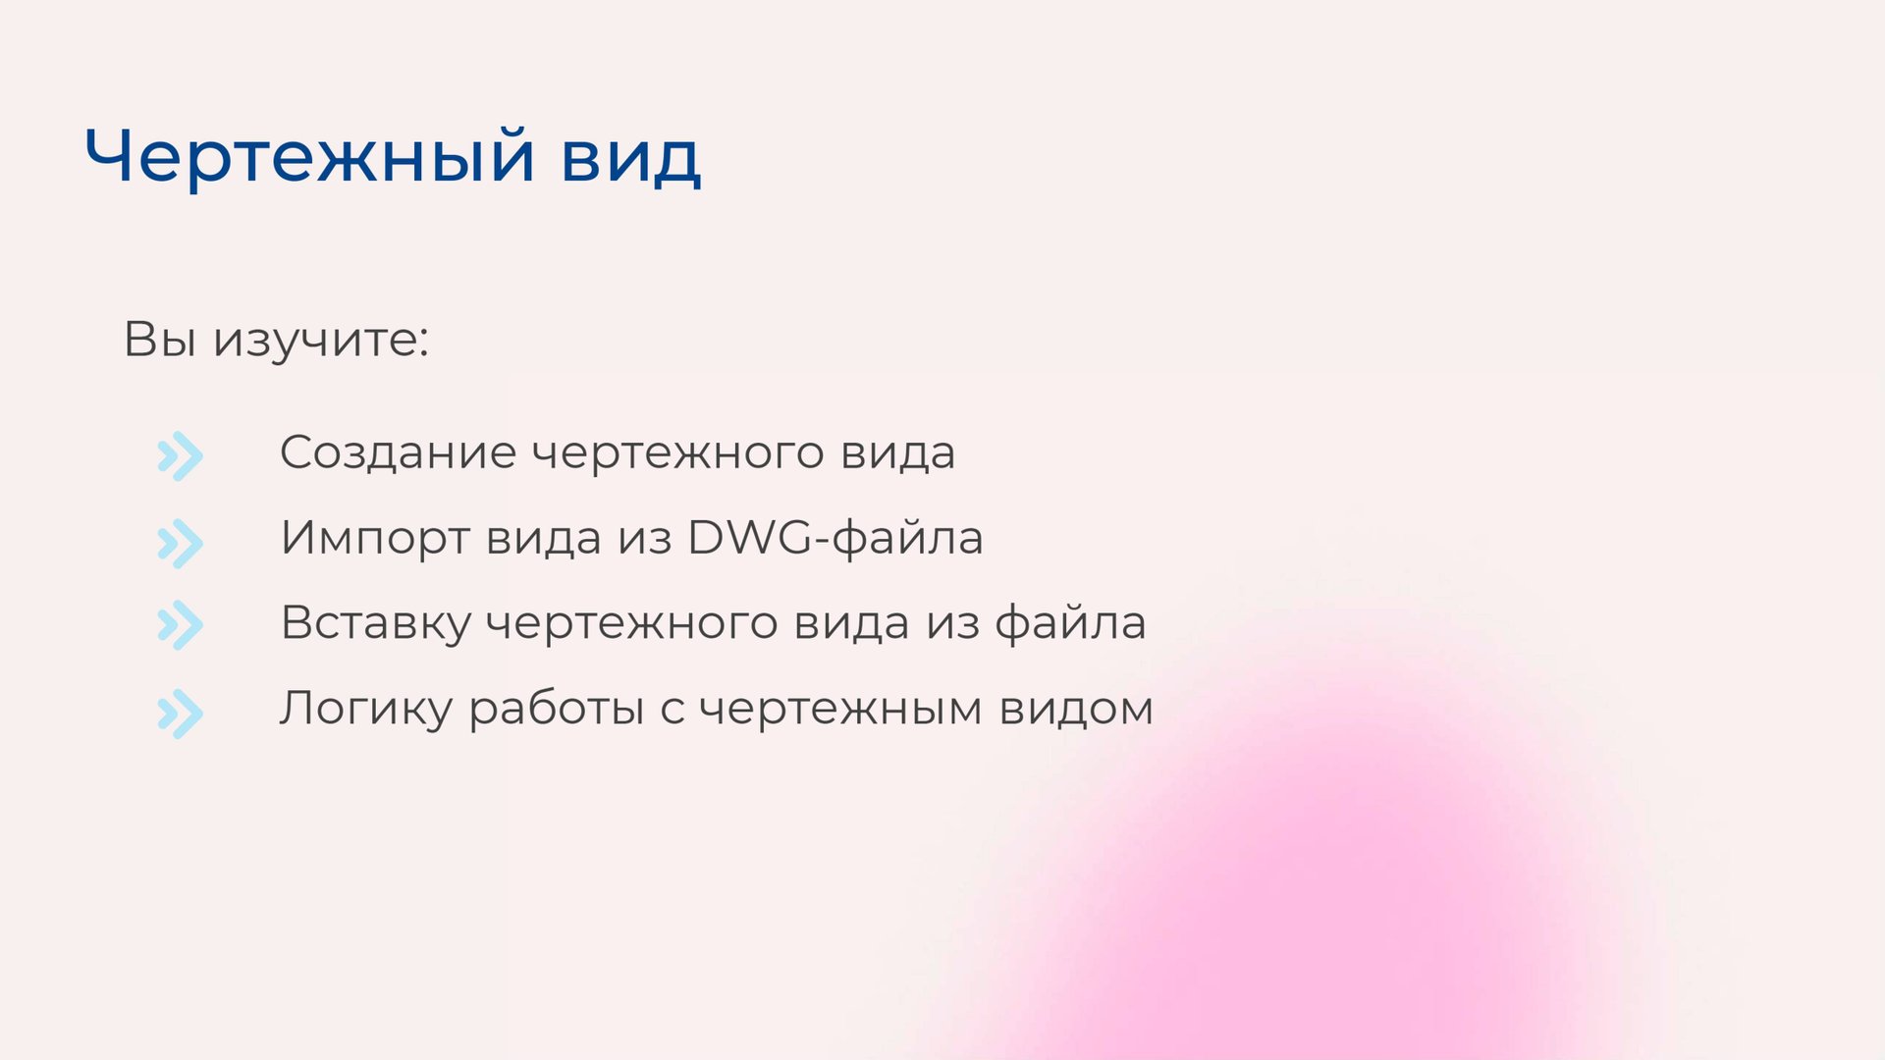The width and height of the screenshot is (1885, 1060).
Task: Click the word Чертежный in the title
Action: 309,157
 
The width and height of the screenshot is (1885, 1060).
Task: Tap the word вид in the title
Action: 630,157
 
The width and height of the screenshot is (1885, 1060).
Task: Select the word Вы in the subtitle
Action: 159,340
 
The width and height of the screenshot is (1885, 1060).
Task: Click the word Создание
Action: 398,453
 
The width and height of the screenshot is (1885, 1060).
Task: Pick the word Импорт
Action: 374,539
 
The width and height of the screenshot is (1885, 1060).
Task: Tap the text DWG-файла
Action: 835,538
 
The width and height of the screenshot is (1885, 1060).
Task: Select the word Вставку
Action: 376,624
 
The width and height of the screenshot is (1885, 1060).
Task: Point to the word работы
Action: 556,710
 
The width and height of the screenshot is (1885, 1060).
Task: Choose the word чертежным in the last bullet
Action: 840,710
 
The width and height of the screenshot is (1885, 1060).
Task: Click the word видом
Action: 1076,709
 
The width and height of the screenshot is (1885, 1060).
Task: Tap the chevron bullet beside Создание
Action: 180,456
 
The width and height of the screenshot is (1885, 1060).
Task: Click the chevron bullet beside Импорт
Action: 180,544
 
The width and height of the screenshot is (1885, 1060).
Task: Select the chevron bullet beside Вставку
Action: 180,625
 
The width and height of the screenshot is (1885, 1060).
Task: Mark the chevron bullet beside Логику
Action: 180,714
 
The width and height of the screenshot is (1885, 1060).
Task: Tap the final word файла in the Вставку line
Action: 1070,623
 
